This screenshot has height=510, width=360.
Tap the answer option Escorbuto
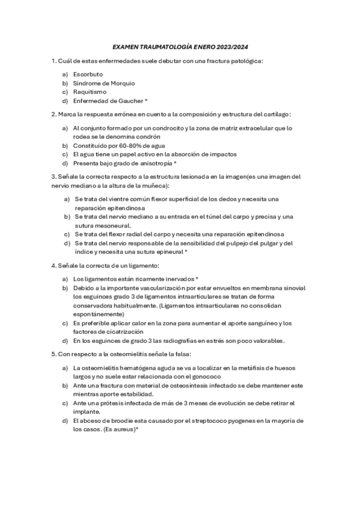point(88,74)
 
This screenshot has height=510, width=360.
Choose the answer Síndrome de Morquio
point(104,83)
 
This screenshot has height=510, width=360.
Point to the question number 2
point(53,114)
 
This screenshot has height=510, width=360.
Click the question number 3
point(53,176)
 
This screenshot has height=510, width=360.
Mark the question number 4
point(53,265)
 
